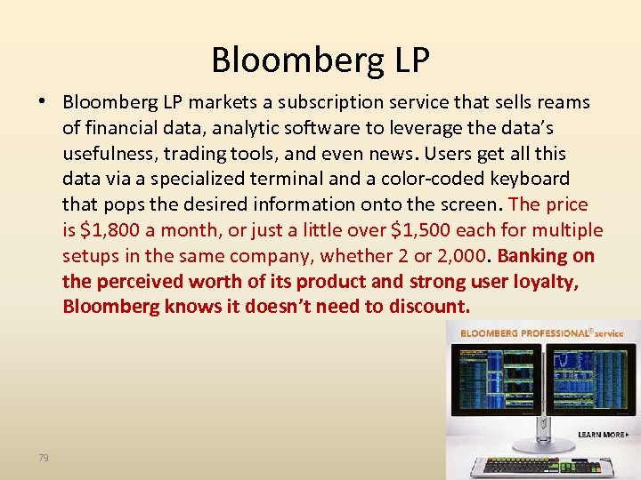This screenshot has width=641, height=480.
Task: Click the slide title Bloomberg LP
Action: [x=320, y=60]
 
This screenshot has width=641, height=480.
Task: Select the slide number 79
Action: [x=44, y=457]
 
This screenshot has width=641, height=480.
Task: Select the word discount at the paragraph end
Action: [x=427, y=307]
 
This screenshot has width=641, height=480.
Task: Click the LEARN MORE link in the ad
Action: [x=602, y=434]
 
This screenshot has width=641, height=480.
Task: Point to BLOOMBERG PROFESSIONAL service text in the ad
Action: [x=541, y=333]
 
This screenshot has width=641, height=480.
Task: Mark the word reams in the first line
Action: [x=564, y=103]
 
